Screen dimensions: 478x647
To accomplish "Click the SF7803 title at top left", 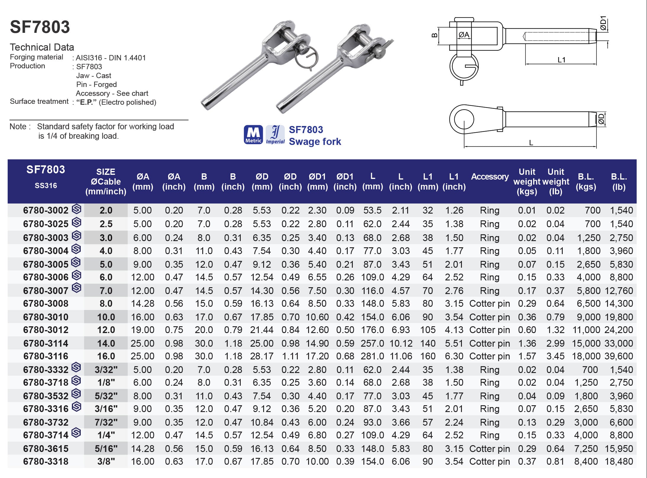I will (x=40, y=27).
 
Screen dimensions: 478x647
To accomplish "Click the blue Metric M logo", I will (x=253, y=135).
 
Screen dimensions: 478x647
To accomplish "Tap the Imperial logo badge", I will (x=275, y=135).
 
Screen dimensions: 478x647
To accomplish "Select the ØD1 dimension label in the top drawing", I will (x=603, y=23).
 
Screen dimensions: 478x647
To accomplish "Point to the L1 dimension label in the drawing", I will (x=561, y=60).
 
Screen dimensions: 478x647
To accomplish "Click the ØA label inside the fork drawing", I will (x=464, y=35).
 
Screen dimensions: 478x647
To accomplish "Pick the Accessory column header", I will (x=490, y=177).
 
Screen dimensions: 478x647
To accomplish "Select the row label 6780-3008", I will (x=46, y=303).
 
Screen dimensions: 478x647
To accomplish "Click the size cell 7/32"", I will (x=106, y=422).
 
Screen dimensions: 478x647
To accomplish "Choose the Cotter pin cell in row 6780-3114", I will (x=489, y=343).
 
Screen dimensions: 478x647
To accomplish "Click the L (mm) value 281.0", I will (x=372, y=356).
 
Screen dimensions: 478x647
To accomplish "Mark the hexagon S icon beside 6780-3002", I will (x=77, y=209).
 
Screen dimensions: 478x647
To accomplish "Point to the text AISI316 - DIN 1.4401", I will (x=111, y=58).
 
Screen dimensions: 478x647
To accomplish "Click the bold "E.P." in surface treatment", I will (x=86, y=102).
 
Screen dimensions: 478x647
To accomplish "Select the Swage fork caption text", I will (x=315, y=142).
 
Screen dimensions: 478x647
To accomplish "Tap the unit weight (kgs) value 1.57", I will (x=527, y=356).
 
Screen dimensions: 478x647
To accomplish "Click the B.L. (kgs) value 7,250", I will (x=586, y=449).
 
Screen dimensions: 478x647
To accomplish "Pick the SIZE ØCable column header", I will (x=106, y=181).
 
